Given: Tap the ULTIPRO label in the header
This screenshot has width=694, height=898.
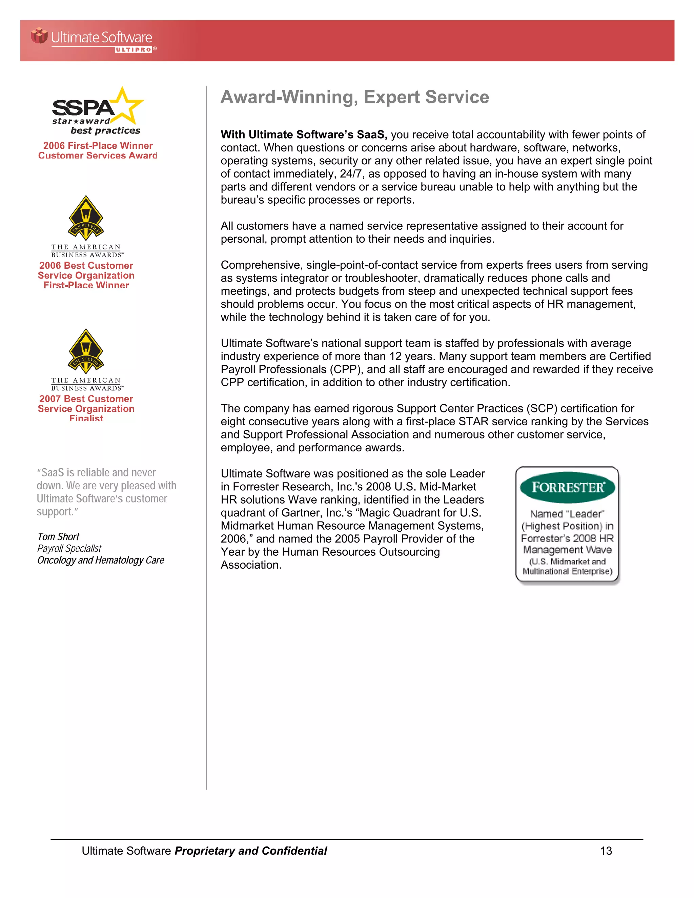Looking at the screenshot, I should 134,50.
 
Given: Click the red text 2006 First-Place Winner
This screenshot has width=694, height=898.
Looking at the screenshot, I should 98,146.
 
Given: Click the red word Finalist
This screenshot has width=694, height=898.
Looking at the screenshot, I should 86,418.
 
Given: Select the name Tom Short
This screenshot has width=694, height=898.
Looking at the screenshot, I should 58,536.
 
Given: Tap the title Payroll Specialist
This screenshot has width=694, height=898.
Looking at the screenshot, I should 69,549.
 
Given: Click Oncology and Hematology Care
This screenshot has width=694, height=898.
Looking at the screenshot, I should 101,560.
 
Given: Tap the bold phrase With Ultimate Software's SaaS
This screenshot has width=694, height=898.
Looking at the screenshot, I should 303,135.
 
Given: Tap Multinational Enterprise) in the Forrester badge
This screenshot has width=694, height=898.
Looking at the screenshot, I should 567,571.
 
